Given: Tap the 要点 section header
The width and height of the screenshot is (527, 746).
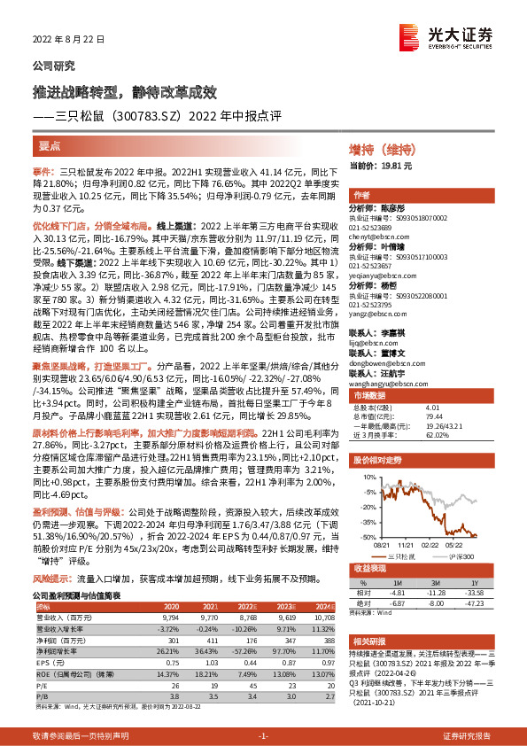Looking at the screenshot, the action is click(50, 143).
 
